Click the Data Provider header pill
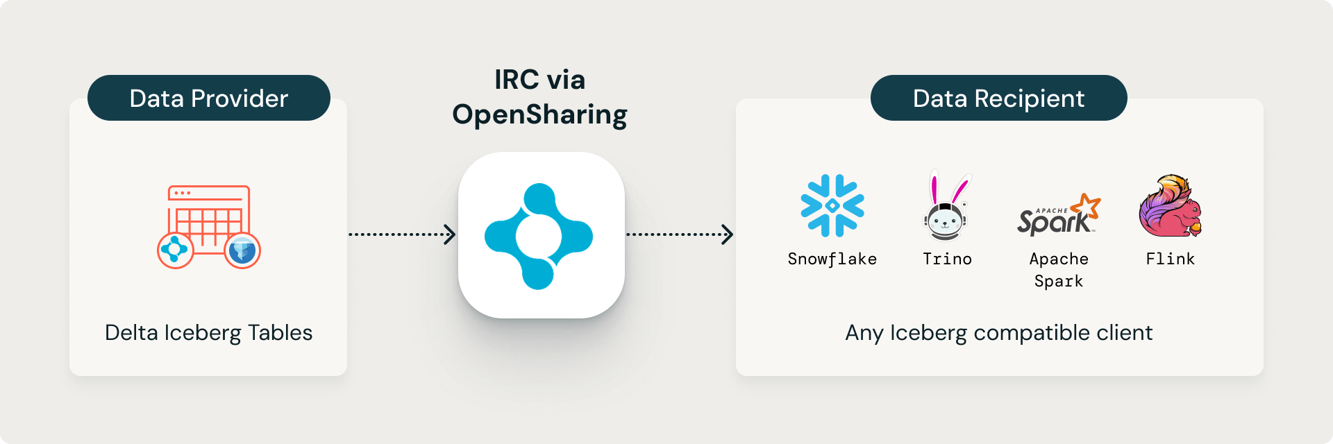[x=208, y=98]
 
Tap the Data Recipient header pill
[x=998, y=98]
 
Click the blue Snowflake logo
[x=832, y=206]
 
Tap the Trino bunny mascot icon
[x=946, y=206]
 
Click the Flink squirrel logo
[x=1171, y=206]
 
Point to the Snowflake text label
[x=832, y=259]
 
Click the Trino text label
[x=947, y=259]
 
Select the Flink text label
[x=1171, y=259]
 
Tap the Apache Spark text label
[x=1059, y=270]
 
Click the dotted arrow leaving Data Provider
[x=402, y=234]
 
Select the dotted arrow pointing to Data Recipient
[x=680, y=234]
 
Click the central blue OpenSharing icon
[x=539, y=237]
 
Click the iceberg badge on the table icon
[x=242, y=250]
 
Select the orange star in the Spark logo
[x=1087, y=206]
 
